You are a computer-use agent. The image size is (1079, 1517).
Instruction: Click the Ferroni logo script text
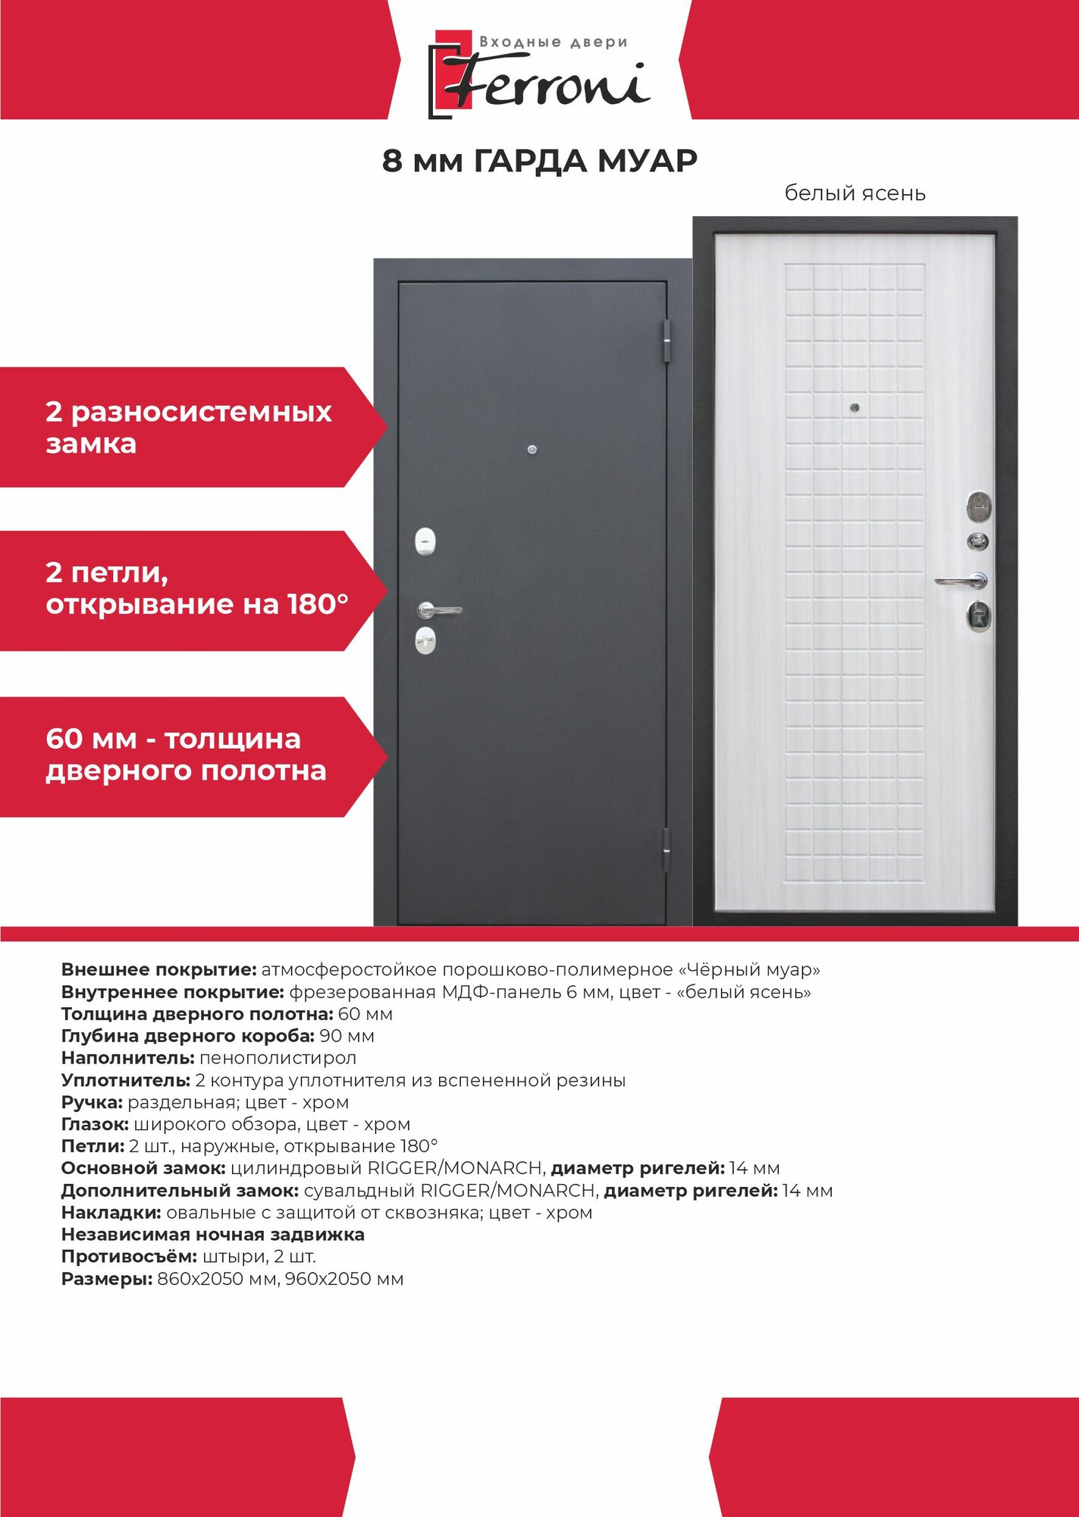pyautogui.click(x=546, y=83)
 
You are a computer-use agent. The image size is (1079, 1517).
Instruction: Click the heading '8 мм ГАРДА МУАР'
pyautogui.click(x=539, y=162)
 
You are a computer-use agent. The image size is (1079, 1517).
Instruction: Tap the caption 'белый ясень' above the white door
pyautogui.click(x=855, y=193)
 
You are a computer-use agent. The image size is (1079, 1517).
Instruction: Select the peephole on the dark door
pyautogui.click(x=532, y=451)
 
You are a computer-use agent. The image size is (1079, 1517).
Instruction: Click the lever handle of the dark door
pyautogui.click(x=438, y=609)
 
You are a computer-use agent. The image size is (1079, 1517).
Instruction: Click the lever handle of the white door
pyautogui.click(x=961, y=581)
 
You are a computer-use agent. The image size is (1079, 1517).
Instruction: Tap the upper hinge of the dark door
pyautogui.click(x=667, y=340)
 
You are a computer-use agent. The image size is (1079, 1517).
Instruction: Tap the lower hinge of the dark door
pyautogui.click(x=667, y=849)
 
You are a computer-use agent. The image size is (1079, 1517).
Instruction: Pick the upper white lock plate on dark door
pyautogui.click(x=426, y=542)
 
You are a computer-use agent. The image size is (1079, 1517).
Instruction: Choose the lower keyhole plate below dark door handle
pyautogui.click(x=425, y=641)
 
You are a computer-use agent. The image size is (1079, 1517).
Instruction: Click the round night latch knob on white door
pyautogui.click(x=979, y=541)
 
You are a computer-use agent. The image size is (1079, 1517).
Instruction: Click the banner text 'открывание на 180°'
pyautogui.click(x=197, y=605)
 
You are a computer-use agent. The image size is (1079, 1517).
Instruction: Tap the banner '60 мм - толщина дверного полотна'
pyautogui.click(x=186, y=755)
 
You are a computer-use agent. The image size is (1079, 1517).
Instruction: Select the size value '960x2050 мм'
pyautogui.click(x=344, y=1279)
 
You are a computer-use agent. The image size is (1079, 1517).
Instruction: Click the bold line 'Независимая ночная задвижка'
pyautogui.click(x=212, y=1234)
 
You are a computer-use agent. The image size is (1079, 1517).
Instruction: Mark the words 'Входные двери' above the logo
pyautogui.click(x=554, y=42)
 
